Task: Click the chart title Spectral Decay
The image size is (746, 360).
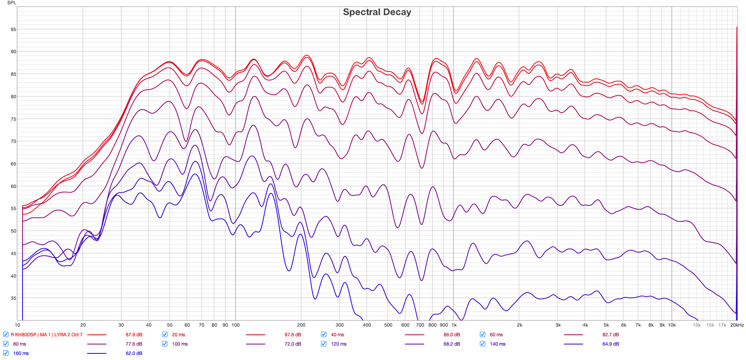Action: pyautogui.click(x=377, y=12)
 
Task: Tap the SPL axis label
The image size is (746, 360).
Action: pyautogui.click(x=12, y=3)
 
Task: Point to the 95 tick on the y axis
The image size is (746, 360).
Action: pyautogui.click(x=14, y=30)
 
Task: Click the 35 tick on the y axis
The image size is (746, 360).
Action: pyautogui.click(x=14, y=298)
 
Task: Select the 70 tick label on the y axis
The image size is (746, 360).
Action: pyautogui.click(x=14, y=141)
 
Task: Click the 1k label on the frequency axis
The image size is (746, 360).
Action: pyautogui.click(x=454, y=325)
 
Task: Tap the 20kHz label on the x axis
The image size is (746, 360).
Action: pyautogui.click(x=737, y=325)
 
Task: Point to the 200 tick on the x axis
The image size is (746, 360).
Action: pyautogui.click(x=301, y=325)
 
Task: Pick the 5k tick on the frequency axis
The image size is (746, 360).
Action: pyautogui.click(x=606, y=325)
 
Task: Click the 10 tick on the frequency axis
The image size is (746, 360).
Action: pyautogui.click(x=17, y=325)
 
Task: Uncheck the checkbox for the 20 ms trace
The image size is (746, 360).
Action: pyautogui.click(x=165, y=334)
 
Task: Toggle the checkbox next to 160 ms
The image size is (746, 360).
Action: pyautogui.click(x=6, y=353)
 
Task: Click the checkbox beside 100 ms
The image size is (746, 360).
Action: pyautogui.click(x=165, y=344)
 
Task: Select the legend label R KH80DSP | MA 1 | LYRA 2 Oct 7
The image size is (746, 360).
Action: pyautogui.click(x=47, y=335)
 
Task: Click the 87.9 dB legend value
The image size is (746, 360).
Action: pyautogui.click(x=134, y=335)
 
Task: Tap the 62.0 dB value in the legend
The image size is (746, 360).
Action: pyautogui.click(x=134, y=353)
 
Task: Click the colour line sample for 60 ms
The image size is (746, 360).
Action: pyautogui.click(x=573, y=335)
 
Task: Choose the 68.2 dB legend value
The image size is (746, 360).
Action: pyautogui.click(x=451, y=344)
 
